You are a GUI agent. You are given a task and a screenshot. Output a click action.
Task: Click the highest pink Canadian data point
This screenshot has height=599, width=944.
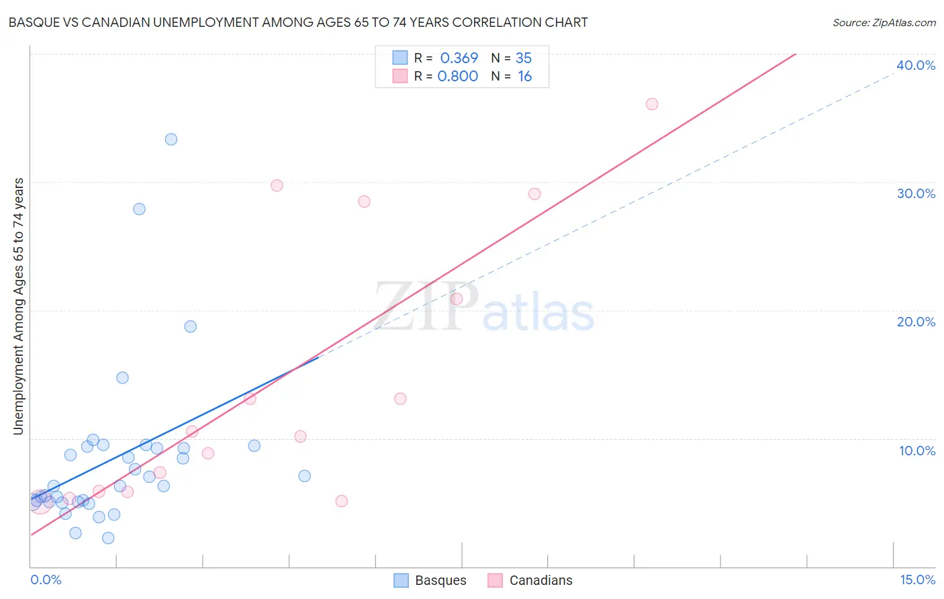click(x=652, y=104)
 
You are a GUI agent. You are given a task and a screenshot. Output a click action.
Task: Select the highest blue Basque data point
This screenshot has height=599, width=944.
click(x=171, y=140)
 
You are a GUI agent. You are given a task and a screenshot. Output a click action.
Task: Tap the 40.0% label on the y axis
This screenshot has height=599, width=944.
click(x=916, y=65)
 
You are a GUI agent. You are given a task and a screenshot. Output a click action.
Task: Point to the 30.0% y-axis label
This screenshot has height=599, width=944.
click(x=916, y=193)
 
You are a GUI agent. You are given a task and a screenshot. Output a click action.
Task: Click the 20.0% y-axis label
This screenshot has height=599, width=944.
click(x=916, y=322)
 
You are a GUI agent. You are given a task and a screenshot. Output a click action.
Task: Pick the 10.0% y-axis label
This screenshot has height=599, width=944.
click(x=917, y=451)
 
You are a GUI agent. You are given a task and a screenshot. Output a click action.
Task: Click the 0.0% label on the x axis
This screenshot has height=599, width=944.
click(x=46, y=580)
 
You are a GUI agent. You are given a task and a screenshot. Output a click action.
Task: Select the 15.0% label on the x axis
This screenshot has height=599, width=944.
click(x=917, y=580)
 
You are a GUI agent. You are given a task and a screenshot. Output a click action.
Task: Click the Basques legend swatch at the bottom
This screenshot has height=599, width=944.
click(x=401, y=580)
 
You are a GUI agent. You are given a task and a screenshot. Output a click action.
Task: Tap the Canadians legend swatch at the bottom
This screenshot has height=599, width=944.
click(x=495, y=580)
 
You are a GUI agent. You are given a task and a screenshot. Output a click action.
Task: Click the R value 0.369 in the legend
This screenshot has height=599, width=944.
click(x=459, y=58)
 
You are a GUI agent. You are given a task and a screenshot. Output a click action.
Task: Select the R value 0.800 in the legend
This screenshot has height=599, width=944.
click(x=458, y=76)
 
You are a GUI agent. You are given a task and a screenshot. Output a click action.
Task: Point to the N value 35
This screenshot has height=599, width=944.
click(x=524, y=58)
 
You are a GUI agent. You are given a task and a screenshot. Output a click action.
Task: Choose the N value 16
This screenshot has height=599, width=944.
click(x=524, y=76)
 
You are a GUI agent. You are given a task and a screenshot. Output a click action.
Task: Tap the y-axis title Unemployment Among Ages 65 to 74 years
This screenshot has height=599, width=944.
click(x=19, y=306)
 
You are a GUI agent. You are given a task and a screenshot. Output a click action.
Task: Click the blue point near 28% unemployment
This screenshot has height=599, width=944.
click(x=139, y=209)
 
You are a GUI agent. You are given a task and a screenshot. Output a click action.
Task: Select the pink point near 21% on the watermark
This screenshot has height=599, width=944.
click(x=457, y=299)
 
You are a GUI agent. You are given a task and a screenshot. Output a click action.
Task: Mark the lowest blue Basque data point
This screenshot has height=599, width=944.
click(x=108, y=538)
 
